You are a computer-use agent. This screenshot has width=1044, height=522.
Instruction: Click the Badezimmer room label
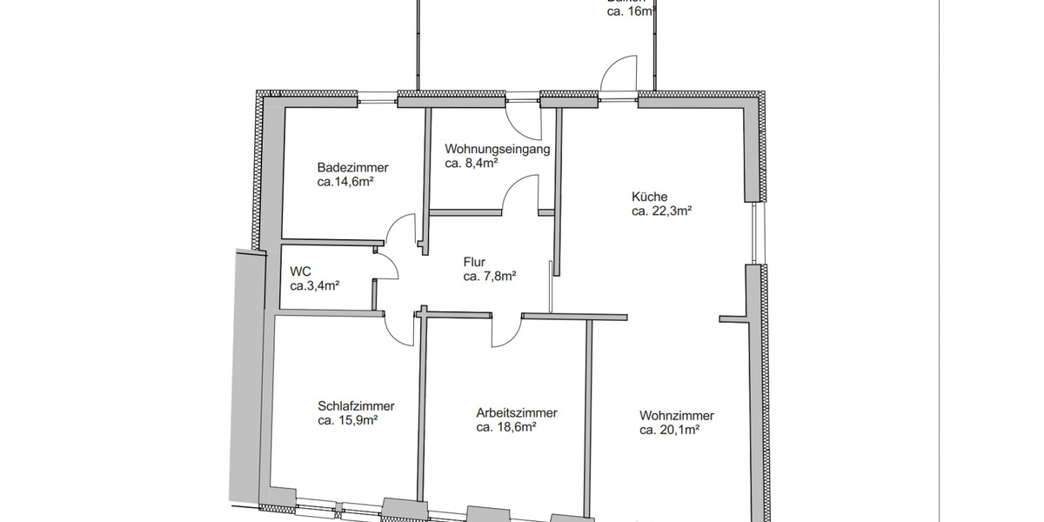tap(352, 168)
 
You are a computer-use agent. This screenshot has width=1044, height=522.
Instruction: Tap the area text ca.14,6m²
tap(345, 183)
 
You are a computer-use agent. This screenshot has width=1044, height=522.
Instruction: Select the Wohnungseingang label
tap(497, 149)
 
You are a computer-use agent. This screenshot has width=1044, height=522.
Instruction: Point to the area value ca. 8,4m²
tap(471, 163)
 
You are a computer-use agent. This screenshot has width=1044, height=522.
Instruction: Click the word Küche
tap(649, 197)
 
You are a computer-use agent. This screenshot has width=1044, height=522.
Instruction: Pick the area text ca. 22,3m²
tap(661, 211)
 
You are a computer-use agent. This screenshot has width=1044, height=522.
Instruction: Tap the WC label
tap(299, 271)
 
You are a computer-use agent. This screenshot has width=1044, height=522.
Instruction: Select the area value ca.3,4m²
tap(314, 285)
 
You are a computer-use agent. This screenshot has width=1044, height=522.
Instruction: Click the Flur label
tap(474, 262)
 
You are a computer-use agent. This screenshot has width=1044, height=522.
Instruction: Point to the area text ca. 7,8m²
tap(490, 277)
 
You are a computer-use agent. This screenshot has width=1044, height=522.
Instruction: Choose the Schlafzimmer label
tap(356, 406)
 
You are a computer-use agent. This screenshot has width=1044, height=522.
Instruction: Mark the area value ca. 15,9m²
tap(347, 420)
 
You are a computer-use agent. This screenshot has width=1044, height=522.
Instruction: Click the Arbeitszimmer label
tap(516, 413)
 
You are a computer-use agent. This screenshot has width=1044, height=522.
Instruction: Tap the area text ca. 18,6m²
tap(505, 427)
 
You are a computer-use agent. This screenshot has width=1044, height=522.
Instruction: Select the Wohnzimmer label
tap(676, 416)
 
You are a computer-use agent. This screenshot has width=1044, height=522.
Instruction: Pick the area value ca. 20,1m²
tap(670, 430)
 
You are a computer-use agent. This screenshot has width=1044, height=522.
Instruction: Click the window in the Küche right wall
tap(754, 233)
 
